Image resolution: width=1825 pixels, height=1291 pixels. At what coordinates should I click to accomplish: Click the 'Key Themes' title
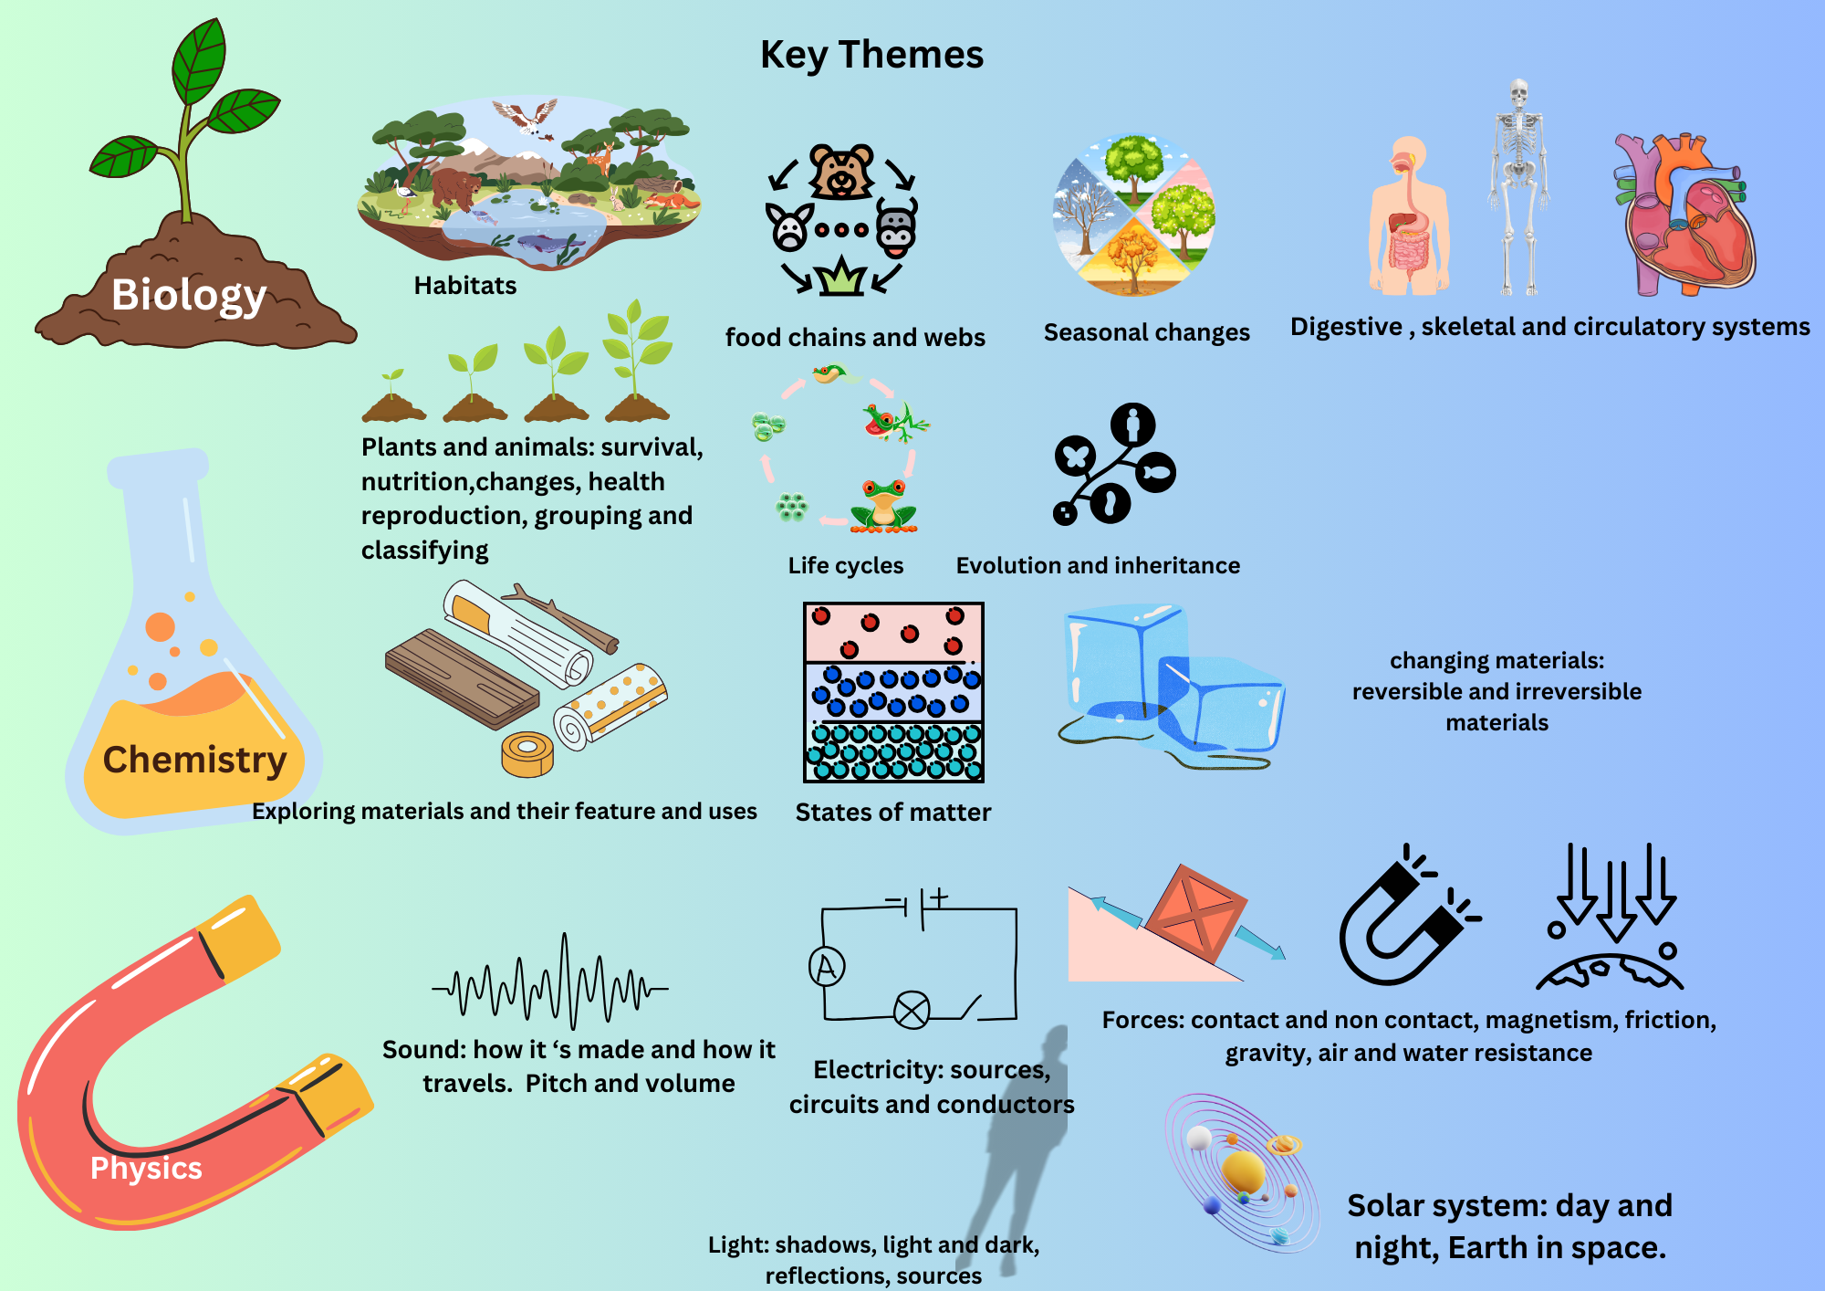tap(871, 55)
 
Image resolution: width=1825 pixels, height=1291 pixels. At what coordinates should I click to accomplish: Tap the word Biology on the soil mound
tap(189, 295)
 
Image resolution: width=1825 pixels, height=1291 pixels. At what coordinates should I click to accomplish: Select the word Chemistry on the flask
tap(194, 760)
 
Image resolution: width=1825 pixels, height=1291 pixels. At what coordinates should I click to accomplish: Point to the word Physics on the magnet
tap(146, 1168)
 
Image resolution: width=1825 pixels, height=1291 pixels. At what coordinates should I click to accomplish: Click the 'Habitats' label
tap(464, 286)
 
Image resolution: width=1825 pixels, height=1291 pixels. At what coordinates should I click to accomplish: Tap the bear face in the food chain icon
tap(840, 171)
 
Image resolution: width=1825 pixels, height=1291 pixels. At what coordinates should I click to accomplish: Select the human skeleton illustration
tap(1518, 187)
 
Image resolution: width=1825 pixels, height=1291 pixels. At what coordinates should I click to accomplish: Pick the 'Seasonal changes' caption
tap(1146, 332)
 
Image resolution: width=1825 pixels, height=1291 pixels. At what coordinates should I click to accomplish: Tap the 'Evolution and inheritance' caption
tap(1098, 566)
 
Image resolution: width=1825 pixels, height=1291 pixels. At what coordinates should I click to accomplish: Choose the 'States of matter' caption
tap(892, 813)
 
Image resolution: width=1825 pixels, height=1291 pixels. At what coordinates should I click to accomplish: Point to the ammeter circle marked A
tap(827, 966)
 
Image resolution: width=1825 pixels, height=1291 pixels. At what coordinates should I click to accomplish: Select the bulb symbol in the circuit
tap(911, 1010)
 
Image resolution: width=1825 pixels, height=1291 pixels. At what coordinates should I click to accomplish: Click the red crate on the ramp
tap(1195, 913)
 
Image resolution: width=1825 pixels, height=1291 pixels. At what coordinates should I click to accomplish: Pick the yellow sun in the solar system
tap(1243, 1170)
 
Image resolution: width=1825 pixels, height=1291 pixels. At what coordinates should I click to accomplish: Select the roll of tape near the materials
tap(527, 754)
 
